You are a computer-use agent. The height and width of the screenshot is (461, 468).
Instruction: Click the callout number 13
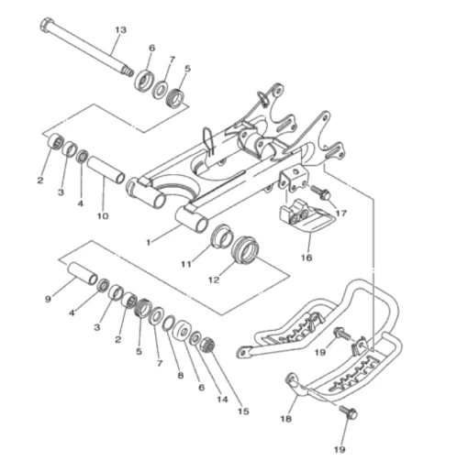tap(121, 30)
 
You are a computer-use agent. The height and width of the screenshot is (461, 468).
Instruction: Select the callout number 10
tap(103, 216)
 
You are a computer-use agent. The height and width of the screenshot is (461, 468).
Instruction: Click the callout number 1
tap(149, 243)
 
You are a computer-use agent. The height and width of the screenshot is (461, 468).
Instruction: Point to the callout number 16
tap(306, 258)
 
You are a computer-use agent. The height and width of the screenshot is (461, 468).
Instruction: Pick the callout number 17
tap(341, 213)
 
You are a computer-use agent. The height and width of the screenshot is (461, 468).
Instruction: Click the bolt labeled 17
tap(320, 192)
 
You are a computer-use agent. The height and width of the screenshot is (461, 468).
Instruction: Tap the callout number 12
tap(214, 280)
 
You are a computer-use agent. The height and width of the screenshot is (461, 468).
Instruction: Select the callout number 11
tap(186, 264)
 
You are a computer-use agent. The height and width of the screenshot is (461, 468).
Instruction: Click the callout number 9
tap(48, 299)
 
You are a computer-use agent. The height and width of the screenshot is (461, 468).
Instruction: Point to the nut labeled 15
tap(207, 346)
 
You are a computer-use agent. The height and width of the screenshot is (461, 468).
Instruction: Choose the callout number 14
tap(222, 399)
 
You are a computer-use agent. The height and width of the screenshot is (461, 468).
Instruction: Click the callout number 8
tap(181, 375)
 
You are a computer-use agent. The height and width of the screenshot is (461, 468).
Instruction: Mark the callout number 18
tap(286, 419)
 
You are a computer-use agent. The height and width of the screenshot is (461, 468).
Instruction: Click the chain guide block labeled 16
tap(306, 217)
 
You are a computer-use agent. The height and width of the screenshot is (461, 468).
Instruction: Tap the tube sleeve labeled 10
tap(106, 170)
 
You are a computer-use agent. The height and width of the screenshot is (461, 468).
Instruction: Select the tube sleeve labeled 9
tap(83, 273)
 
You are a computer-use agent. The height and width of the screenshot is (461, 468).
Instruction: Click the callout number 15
tap(243, 412)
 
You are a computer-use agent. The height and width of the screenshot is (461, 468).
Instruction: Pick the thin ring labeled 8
tap(169, 324)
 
